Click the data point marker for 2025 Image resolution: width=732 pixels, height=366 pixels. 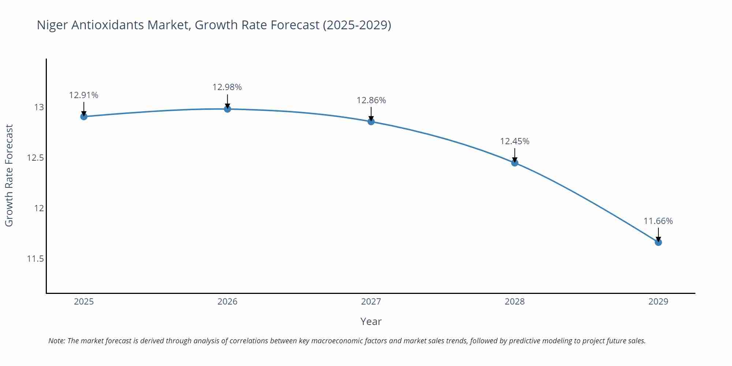click(84, 116)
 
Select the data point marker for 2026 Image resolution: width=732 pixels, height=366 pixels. click(227, 109)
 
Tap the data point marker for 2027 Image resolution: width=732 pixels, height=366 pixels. click(371, 122)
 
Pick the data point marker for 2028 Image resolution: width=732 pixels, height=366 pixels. click(515, 163)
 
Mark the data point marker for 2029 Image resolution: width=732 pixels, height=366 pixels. click(658, 242)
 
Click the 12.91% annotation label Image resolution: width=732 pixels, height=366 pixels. click(84, 95)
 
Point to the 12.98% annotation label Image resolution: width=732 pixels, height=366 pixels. click(227, 87)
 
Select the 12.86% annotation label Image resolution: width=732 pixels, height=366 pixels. click(371, 100)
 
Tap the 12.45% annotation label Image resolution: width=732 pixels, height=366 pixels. click(515, 141)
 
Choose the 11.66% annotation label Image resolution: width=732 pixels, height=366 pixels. click(658, 221)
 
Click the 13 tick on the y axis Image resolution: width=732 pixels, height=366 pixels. click(39, 107)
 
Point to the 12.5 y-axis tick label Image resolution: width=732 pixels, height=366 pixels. click(35, 158)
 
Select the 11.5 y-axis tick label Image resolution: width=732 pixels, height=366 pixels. click(35, 259)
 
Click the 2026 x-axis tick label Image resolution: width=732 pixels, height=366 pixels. click(227, 302)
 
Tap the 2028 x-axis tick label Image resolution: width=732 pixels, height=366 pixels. click(515, 302)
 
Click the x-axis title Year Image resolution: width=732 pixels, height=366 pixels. click(371, 321)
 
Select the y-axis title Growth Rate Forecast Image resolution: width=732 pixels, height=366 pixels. click(9, 175)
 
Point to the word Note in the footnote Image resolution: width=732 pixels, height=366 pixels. click(56, 341)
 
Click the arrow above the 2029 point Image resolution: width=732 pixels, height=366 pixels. click(658, 234)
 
